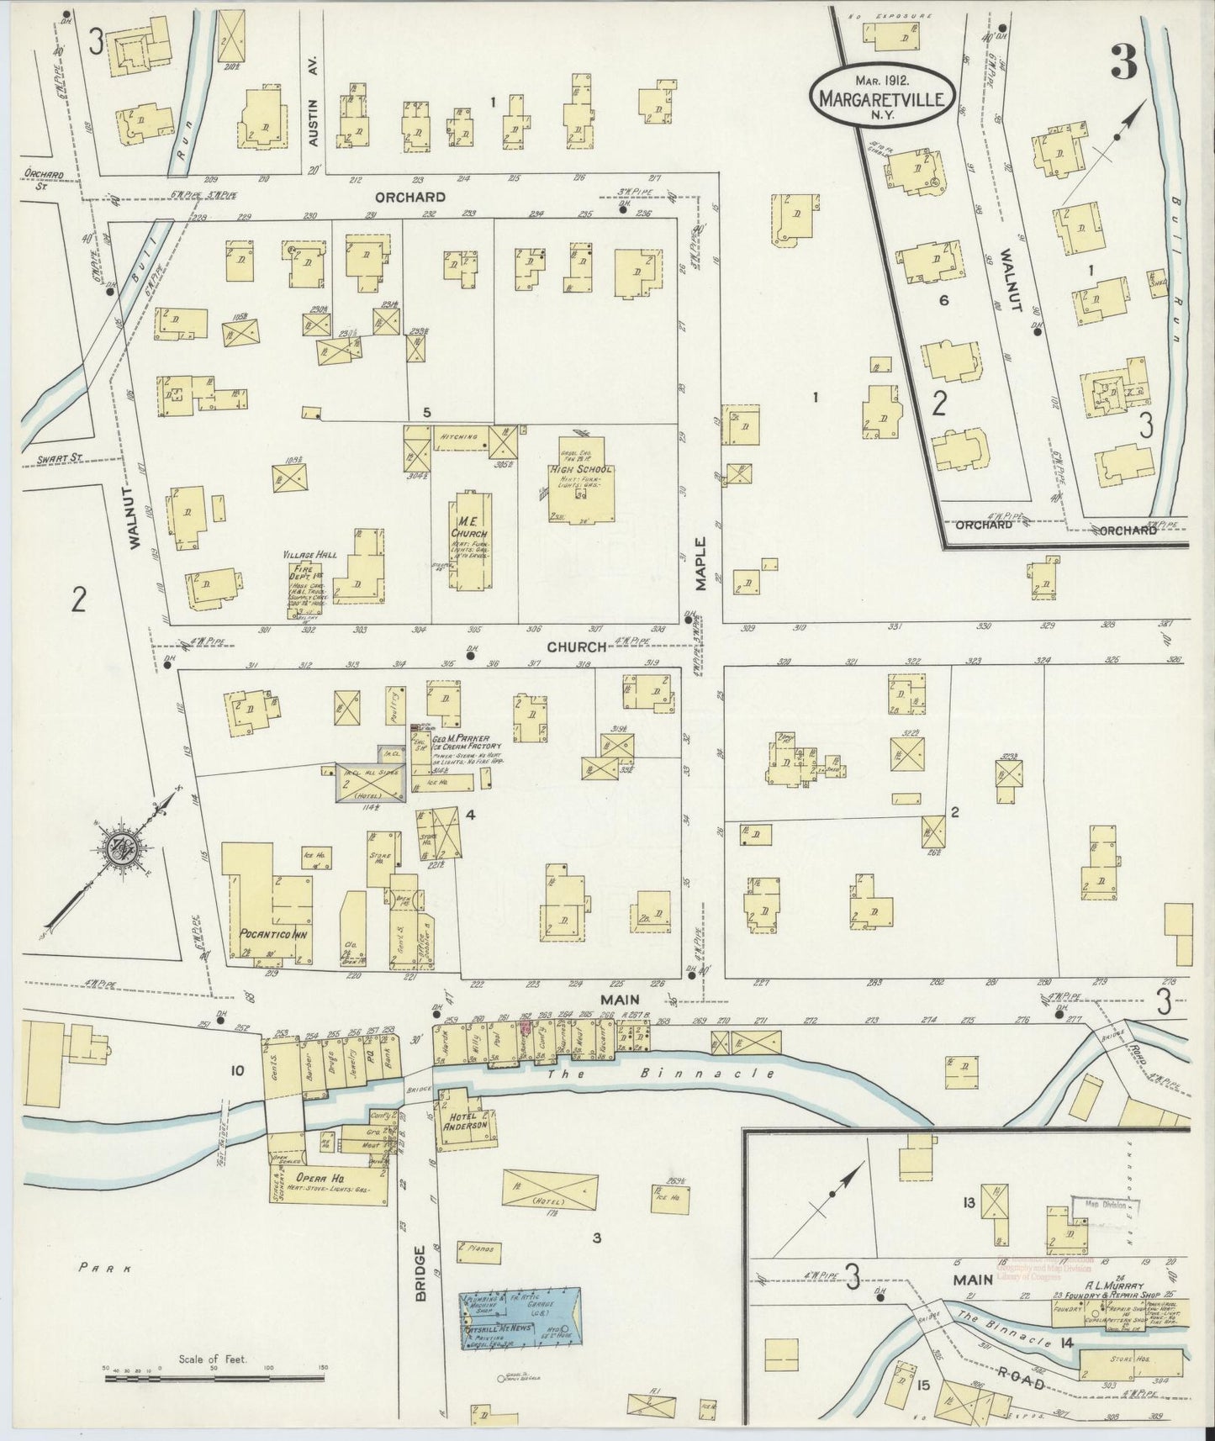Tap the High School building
pyautogui.click(x=580, y=483)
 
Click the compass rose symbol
pyautogui.click(x=112, y=850)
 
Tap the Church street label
pyautogui.click(x=577, y=647)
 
